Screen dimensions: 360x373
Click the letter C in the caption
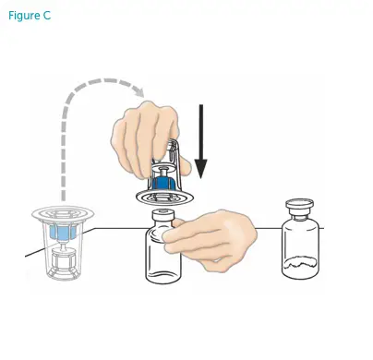point(47,18)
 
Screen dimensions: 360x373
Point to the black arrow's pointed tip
point(201,178)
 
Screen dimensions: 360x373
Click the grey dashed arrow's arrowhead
point(139,91)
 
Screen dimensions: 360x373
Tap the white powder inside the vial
point(301,268)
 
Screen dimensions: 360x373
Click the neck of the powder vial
point(299,218)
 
